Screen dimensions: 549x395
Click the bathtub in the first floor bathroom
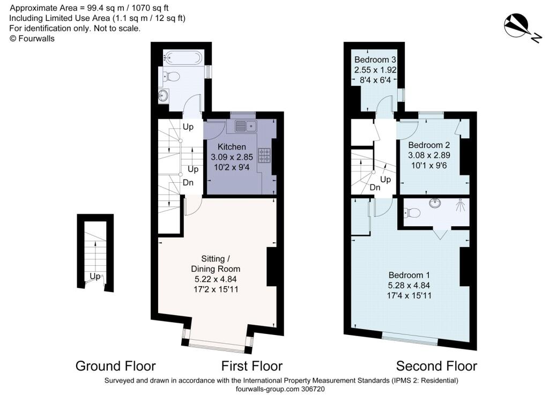[x=183, y=57]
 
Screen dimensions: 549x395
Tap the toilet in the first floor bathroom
[x=170, y=76]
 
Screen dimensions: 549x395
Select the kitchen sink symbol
[x=246, y=126]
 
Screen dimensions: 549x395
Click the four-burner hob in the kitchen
[x=264, y=155]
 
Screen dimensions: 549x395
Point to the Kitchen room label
[x=232, y=147]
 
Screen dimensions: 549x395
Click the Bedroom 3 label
[x=375, y=59]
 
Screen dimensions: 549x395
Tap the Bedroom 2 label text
[x=429, y=145]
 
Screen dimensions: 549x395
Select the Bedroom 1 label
[x=409, y=275]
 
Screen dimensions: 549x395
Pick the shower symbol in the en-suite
[x=461, y=205]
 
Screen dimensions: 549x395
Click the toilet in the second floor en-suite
[x=412, y=212]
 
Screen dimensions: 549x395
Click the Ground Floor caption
[x=116, y=366]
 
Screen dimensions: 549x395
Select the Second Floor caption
[x=436, y=366]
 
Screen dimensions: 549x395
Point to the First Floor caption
[x=252, y=366]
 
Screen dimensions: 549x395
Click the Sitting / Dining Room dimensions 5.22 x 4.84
[x=216, y=279]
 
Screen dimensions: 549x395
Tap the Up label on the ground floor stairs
[x=95, y=277]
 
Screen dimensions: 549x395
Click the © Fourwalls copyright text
[x=32, y=39]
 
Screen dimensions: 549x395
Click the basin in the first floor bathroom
[x=163, y=95]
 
